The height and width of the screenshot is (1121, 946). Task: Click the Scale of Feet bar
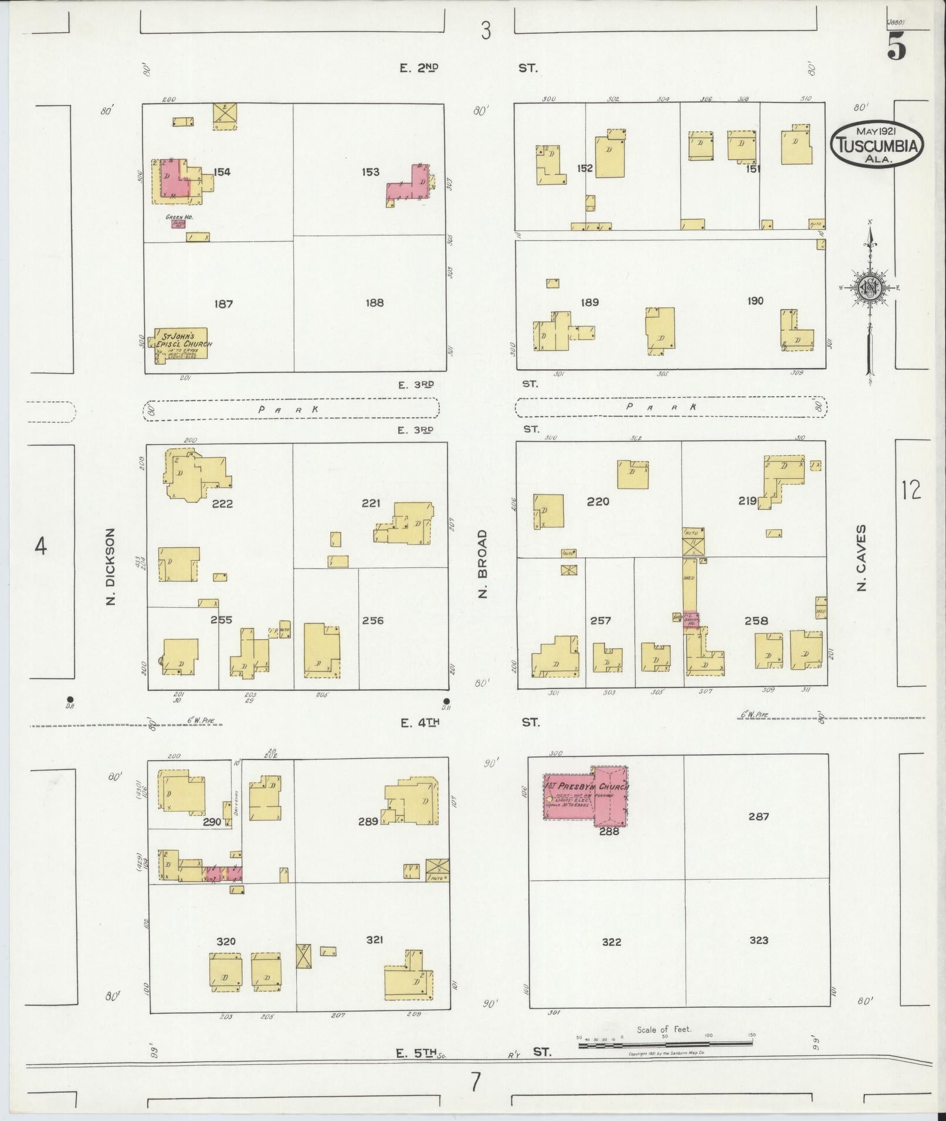click(665, 1044)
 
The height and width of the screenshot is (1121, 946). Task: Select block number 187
click(223, 304)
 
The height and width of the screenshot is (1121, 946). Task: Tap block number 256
click(373, 620)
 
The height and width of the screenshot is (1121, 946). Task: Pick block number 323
click(758, 940)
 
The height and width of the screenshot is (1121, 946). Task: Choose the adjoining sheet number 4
click(40, 546)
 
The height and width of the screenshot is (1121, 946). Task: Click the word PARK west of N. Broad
click(289, 410)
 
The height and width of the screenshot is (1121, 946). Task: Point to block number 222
click(222, 503)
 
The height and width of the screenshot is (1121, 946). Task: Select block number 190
click(755, 301)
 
